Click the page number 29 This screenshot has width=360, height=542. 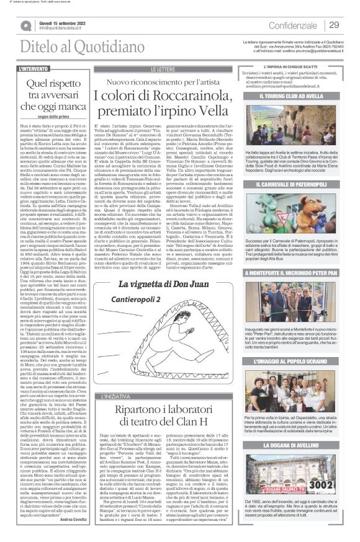[x=333, y=25]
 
